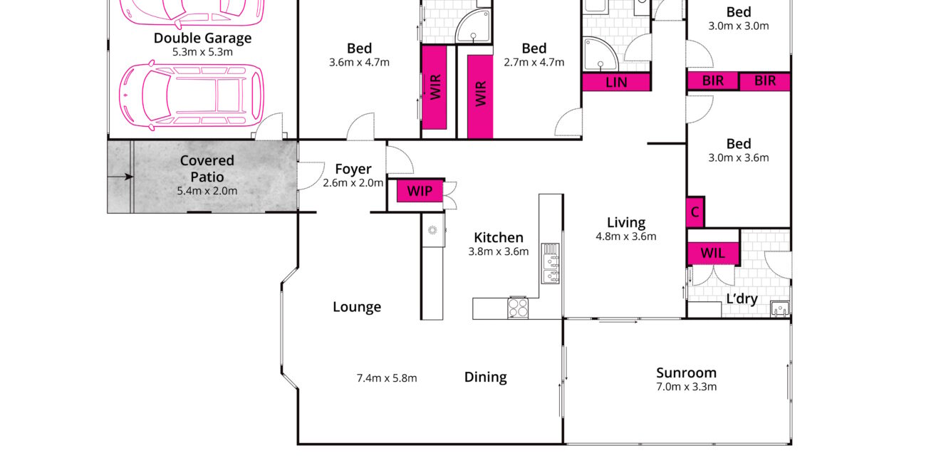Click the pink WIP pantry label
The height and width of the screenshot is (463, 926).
coord(420,191)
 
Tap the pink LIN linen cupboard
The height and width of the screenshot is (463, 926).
coord(616,82)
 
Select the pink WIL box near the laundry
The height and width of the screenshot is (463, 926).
coord(713,252)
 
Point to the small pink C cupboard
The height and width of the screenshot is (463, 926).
coord(695,212)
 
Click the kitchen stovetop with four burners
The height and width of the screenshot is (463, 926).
coord(518,308)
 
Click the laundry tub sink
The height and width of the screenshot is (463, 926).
coord(780,309)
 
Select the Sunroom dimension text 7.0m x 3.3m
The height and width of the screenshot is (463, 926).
coord(686,387)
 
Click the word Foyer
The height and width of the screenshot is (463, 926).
coord(353,169)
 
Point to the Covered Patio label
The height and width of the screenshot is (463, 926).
coord(207,168)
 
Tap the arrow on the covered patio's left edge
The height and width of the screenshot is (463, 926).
coord(120,177)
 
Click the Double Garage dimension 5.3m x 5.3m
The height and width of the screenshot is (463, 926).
coord(202,52)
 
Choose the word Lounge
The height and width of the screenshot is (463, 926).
coord(357,307)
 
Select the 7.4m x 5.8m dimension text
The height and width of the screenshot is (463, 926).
coord(387,378)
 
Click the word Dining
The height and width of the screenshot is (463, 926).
coord(485,377)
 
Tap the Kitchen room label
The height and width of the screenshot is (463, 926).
coord(499,237)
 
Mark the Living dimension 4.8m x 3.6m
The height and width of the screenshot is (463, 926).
coord(626,236)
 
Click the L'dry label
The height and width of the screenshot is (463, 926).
coord(742,298)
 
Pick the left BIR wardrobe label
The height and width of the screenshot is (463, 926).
coord(713,80)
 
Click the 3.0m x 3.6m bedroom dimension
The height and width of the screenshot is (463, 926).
coord(739,158)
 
